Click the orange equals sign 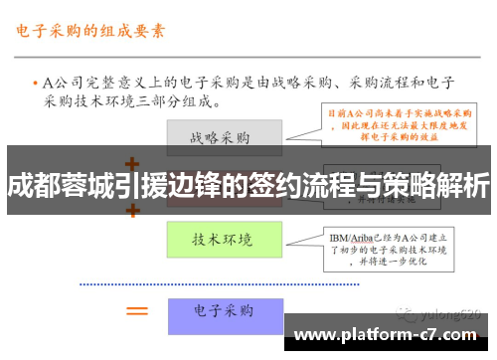coord(136,311)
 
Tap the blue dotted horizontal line coord(248,284)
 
